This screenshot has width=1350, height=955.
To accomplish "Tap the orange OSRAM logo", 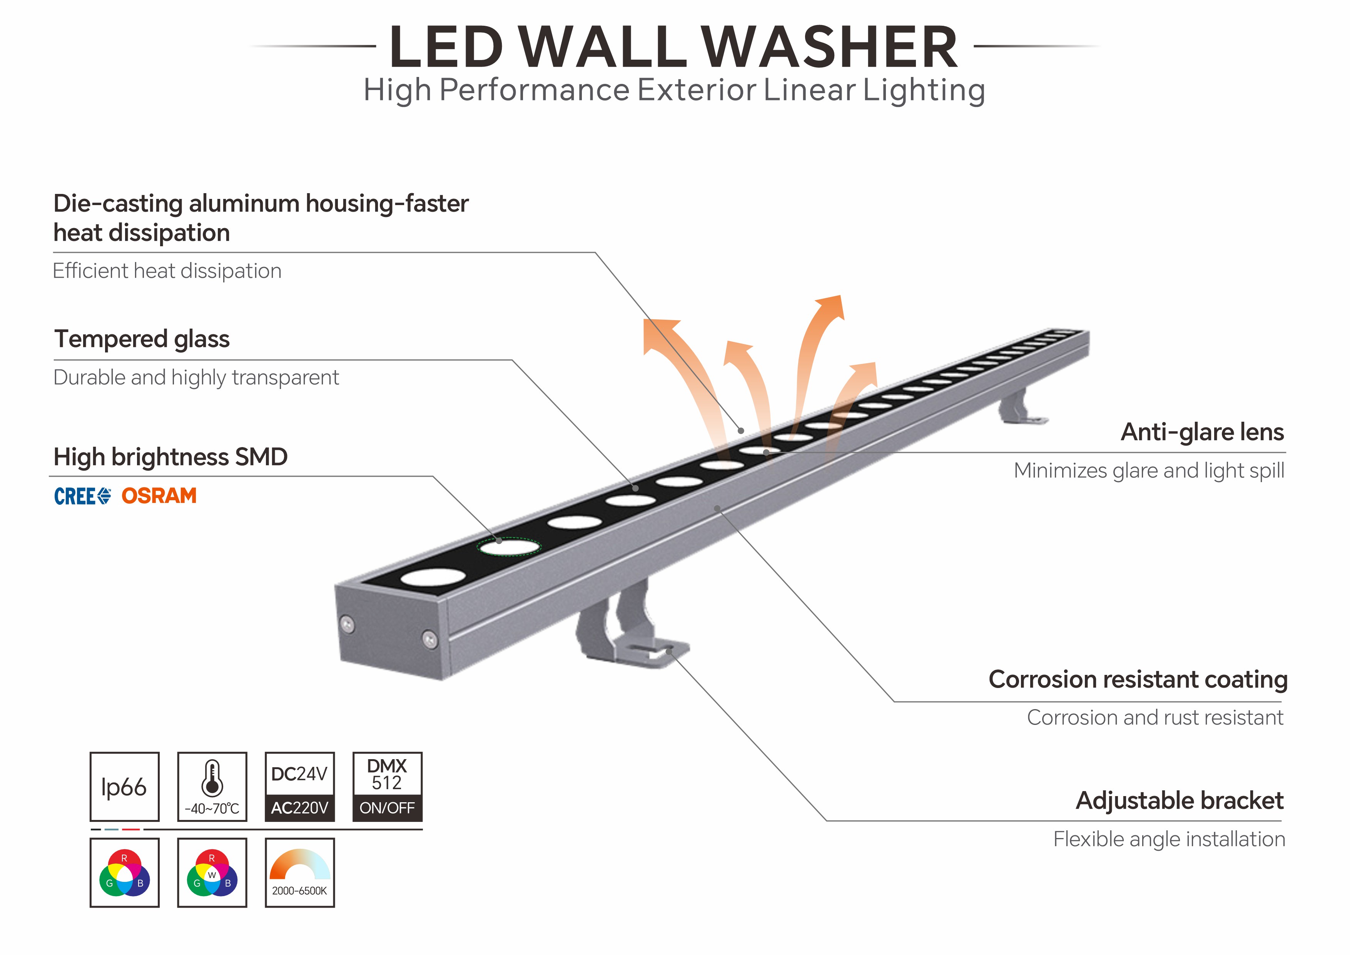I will (159, 496).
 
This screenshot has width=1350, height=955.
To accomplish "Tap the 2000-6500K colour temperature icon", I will (299, 872).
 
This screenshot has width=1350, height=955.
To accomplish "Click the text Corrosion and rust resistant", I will (1155, 718).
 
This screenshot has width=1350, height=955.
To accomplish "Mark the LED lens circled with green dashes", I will (509, 547).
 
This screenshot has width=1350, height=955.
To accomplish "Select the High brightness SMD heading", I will (170, 457).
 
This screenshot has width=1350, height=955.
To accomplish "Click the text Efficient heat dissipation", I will (167, 271).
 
